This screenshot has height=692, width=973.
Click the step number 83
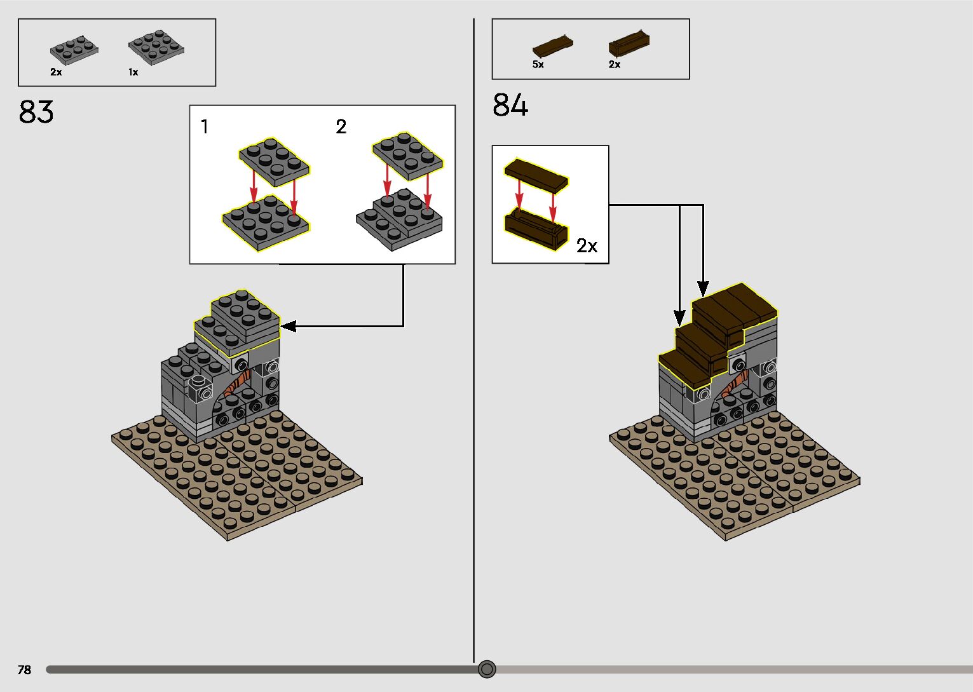point(36,112)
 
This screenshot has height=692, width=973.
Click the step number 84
point(510,105)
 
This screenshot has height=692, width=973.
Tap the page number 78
point(24,670)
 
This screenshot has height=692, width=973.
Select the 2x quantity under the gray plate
point(56,72)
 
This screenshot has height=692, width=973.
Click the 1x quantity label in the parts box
point(133,72)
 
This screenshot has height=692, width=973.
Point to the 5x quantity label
point(538,65)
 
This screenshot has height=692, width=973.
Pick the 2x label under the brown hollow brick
point(614,65)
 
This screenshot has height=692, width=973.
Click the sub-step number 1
point(204,127)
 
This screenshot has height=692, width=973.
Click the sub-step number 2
point(341,127)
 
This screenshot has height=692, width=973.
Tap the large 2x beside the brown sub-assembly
point(587,245)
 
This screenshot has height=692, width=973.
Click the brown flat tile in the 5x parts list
point(552,46)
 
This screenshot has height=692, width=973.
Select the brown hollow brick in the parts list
point(629,44)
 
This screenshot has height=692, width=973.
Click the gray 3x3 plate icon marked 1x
point(156,46)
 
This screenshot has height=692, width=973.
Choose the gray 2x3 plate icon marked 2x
point(74,48)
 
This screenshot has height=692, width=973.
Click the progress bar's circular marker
point(487,669)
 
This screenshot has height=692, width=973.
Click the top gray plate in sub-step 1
point(274,161)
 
